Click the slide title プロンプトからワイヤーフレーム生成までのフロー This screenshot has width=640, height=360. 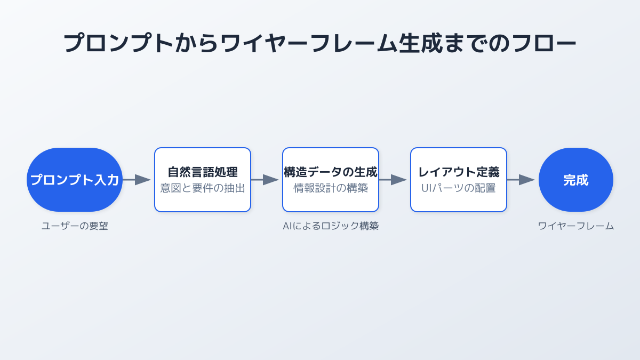tap(319, 43)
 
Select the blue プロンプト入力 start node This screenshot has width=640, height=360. tap(75, 180)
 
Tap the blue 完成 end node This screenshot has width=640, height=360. tap(575, 180)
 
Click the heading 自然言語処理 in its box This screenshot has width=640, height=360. tap(203, 172)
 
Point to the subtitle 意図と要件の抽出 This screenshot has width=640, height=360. tap(203, 188)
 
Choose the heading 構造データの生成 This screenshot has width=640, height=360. tap(331, 172)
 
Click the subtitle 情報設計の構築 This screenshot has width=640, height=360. tap(331, 188)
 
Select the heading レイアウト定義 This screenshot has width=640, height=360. tap(459, 172)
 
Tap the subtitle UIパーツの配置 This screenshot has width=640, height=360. tap(459, 188)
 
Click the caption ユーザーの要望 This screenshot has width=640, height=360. tap(75, 226)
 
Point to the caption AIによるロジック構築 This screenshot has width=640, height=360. tap(331, 226)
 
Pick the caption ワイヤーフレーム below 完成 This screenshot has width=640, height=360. tap(575, 226)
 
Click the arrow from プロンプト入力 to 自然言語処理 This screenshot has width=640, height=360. tap(137, 180)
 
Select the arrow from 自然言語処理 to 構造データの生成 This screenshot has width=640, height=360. tap(265, 180)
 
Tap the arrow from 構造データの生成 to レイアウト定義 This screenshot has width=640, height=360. tap(393, 180)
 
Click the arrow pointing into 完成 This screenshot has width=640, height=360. tap(521, 180)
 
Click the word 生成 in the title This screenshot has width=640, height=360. tap(421, 43)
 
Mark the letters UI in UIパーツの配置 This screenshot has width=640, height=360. tap(426, 188)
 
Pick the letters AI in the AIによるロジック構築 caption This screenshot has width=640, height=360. tap(287, 226)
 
